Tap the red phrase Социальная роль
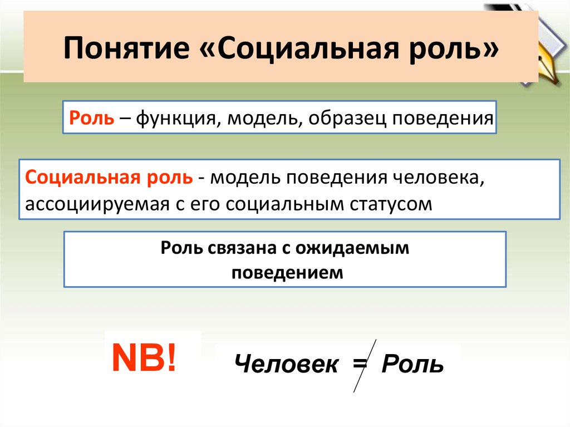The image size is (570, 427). coord(109,178)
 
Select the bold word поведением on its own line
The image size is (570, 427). coord(285,273)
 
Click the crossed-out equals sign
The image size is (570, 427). coord(360,365)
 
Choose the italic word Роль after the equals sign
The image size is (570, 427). coord(412,365)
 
